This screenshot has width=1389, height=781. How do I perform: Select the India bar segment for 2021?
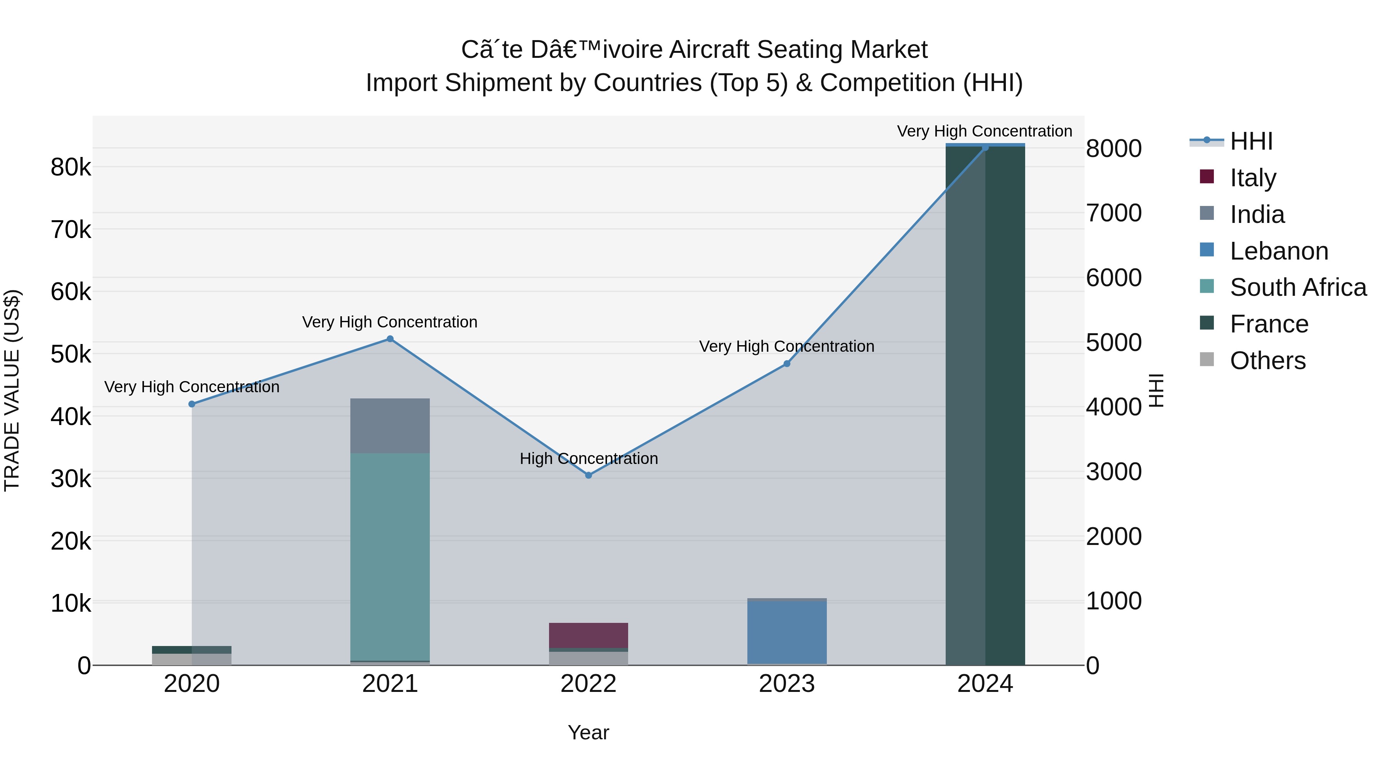(x=390, y=425)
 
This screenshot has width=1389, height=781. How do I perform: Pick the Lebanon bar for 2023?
(x=787, y=632)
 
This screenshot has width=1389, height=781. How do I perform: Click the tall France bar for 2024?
(x=985, y=404)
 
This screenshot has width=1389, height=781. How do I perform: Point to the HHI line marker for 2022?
(x=588, y=475)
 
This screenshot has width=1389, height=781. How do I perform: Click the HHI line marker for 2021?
(x=390, y=339)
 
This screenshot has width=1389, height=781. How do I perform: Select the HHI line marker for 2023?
(x=787, y=363)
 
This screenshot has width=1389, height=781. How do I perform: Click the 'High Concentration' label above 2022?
(x=588, y=459)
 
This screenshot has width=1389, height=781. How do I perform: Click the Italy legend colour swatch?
(x=1207, y=177)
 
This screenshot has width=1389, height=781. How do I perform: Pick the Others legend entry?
(x=1267, y=361)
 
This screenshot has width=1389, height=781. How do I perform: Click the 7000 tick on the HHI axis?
(x=1114, y=213)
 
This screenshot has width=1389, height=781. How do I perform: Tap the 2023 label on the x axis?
(x=787, y=684)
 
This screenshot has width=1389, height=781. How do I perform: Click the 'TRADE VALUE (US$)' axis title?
(x=12, y=390)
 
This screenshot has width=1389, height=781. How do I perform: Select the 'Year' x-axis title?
(x=588, y=732)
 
